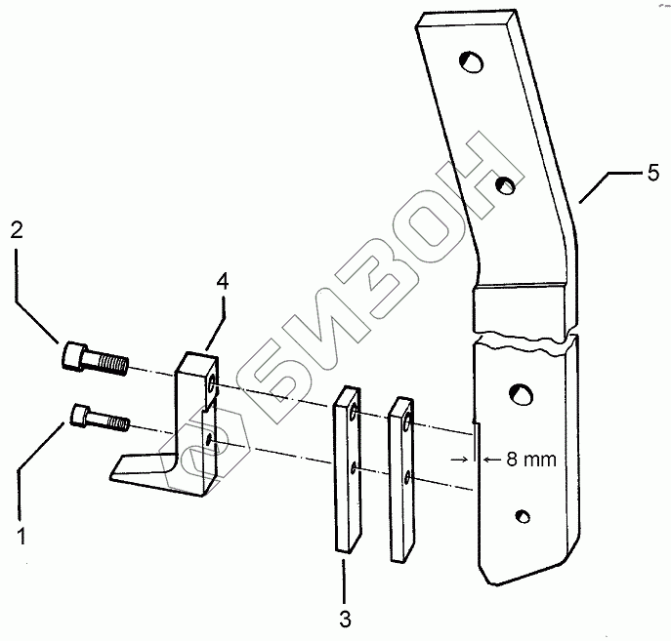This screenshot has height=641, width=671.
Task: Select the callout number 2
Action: coord(16,231)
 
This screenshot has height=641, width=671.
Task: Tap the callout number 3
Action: coord(344,619)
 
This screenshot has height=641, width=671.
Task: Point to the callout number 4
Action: coord(223,282)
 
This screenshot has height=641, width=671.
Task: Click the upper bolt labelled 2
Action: coord(93,358)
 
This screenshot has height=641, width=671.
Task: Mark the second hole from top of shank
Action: coord(505,183)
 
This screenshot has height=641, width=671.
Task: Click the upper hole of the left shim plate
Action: coord(355,416)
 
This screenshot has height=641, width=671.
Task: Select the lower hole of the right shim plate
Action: coord(408,478)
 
